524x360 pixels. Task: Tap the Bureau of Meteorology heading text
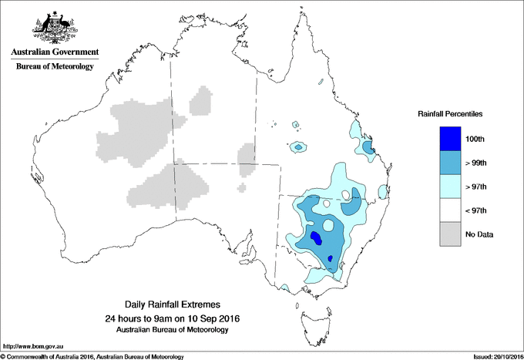click(54, 67)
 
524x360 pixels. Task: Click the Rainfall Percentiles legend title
click(450, 114)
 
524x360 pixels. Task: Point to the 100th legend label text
click(475, 140)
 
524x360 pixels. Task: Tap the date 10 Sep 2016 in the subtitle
click(203, 318)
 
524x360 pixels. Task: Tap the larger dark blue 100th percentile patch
click(316, 237)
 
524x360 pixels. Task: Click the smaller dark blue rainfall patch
click(331, 257)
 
